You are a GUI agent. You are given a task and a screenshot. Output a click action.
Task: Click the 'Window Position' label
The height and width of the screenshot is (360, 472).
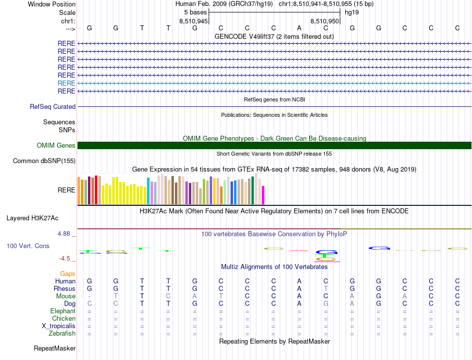pos(52,4)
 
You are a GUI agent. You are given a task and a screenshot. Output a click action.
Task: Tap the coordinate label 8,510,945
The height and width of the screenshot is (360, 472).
pos(193,21)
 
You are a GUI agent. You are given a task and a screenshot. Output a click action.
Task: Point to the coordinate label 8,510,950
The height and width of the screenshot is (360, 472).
pos(324,21)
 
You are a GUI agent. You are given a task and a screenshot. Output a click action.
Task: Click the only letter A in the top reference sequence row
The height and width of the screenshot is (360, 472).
pos(299,28)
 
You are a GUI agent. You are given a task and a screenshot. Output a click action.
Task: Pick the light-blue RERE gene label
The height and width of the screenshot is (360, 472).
pos(67,83)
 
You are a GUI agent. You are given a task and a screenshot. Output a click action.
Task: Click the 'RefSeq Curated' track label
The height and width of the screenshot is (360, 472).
pos(53,106)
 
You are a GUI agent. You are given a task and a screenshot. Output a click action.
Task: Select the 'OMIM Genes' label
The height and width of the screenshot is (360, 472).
pos(56,145)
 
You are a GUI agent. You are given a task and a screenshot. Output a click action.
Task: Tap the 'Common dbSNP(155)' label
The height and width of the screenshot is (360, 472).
pos(44,161)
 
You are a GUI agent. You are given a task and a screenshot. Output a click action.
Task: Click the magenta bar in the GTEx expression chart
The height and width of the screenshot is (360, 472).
pos(263,195)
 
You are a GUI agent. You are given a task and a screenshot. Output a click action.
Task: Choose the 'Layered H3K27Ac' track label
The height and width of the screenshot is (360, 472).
pos(32,218)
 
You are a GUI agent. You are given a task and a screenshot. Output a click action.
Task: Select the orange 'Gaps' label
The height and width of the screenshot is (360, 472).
pos(68,273)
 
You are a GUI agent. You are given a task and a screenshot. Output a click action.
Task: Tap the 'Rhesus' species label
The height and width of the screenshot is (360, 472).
pos(65,288)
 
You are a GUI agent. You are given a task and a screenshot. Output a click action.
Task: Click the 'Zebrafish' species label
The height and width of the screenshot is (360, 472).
pos(62,333)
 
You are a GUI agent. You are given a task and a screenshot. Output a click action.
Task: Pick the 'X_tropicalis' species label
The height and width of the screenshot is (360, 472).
pos(59,326)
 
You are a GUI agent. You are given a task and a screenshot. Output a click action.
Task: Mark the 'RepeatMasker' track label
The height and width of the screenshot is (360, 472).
pos(55,349)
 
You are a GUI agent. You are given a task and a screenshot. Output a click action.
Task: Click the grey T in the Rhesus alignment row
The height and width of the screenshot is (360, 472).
pos(325,288)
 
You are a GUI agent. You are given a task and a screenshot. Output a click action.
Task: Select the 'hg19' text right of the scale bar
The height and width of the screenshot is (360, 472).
pos(352,12)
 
